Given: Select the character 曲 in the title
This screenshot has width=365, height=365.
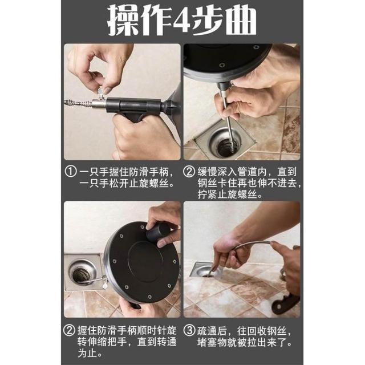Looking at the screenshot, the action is (241, 21).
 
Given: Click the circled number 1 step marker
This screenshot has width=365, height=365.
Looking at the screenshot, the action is (71, 172).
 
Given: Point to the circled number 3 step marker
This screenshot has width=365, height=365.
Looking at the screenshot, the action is (189, 330).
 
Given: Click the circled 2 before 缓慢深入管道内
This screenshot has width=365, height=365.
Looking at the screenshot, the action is (189, 172).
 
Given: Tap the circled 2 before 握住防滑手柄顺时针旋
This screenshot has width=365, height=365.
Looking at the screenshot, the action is (69, 330).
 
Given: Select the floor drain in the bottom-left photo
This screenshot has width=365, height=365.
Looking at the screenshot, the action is (83, 273).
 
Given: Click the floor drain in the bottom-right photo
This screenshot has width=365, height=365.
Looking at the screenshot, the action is (205, 271).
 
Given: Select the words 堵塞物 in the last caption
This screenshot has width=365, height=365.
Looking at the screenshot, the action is (212, 343).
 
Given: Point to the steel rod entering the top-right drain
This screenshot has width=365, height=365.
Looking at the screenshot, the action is (227, 116).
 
